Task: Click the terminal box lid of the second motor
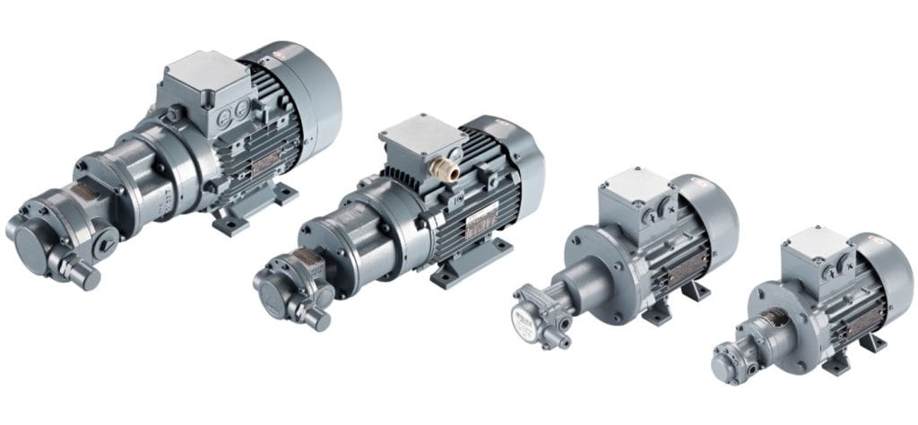[x=419, y=134]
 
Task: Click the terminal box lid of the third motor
[x=637, y=183]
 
